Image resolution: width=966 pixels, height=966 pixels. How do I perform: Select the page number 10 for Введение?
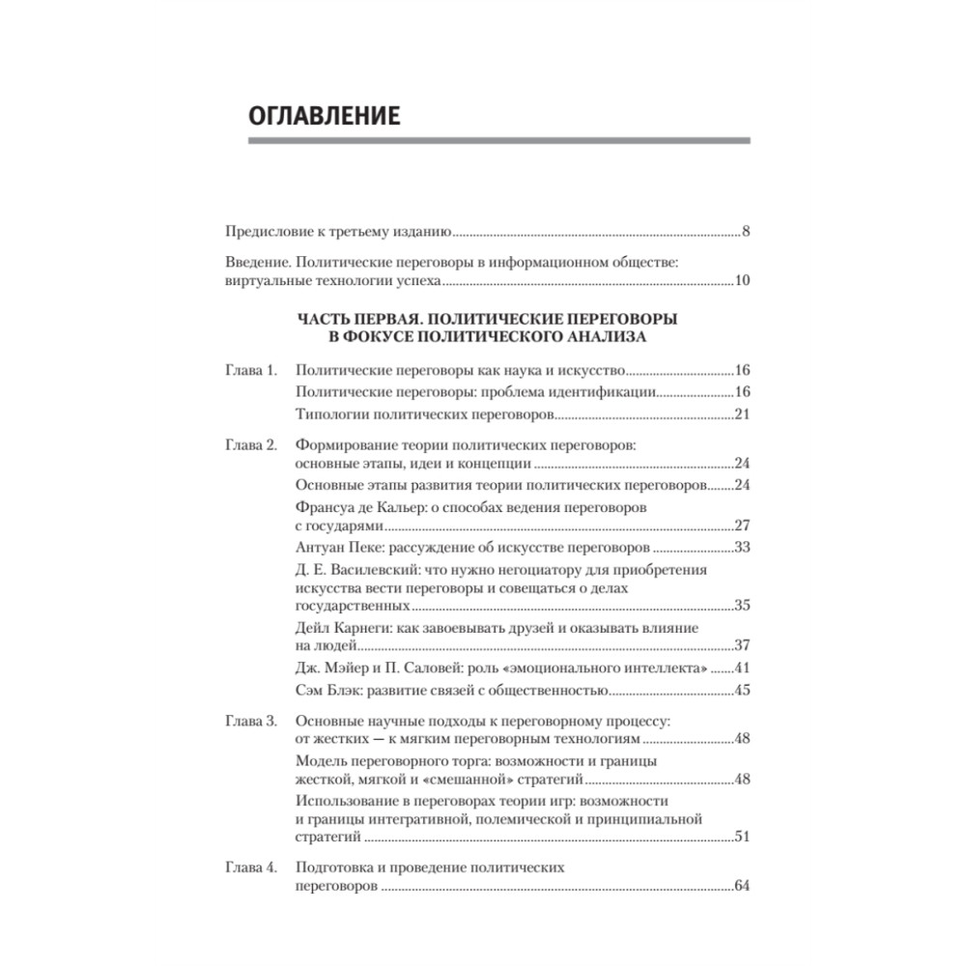(742, 282)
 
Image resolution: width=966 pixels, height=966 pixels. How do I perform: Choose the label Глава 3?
(251, 721)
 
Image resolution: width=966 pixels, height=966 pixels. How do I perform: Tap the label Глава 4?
(251, 867)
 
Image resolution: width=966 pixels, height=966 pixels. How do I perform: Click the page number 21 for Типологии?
(742, 414)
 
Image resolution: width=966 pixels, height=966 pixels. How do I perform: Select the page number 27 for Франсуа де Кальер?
(742, 526)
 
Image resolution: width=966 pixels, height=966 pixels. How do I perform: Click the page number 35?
(742, 607)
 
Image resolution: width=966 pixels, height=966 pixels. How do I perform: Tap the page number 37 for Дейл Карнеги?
(742, 646)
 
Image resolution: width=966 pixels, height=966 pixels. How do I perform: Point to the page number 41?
(742, 668)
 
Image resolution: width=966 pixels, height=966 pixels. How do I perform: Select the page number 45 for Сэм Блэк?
(742, 691)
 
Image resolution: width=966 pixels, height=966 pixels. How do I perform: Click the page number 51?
(742, 837)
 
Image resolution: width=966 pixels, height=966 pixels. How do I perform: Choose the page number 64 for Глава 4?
(742, 887)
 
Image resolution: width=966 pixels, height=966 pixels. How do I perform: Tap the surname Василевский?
(370, 570)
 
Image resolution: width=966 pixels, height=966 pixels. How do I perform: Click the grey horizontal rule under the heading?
(498, 142)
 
